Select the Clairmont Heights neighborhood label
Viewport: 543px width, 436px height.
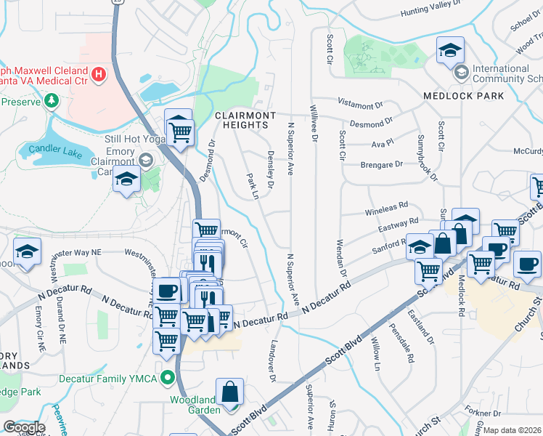[245, 120]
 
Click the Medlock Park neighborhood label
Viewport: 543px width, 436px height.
[463, 96]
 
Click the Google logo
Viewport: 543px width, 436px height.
[24, 428]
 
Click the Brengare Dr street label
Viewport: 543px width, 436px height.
[382, 165]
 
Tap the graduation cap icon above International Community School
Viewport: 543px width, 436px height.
[450, 51]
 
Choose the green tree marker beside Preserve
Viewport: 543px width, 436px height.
[51, 100]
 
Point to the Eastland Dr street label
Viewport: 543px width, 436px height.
[422, 328]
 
